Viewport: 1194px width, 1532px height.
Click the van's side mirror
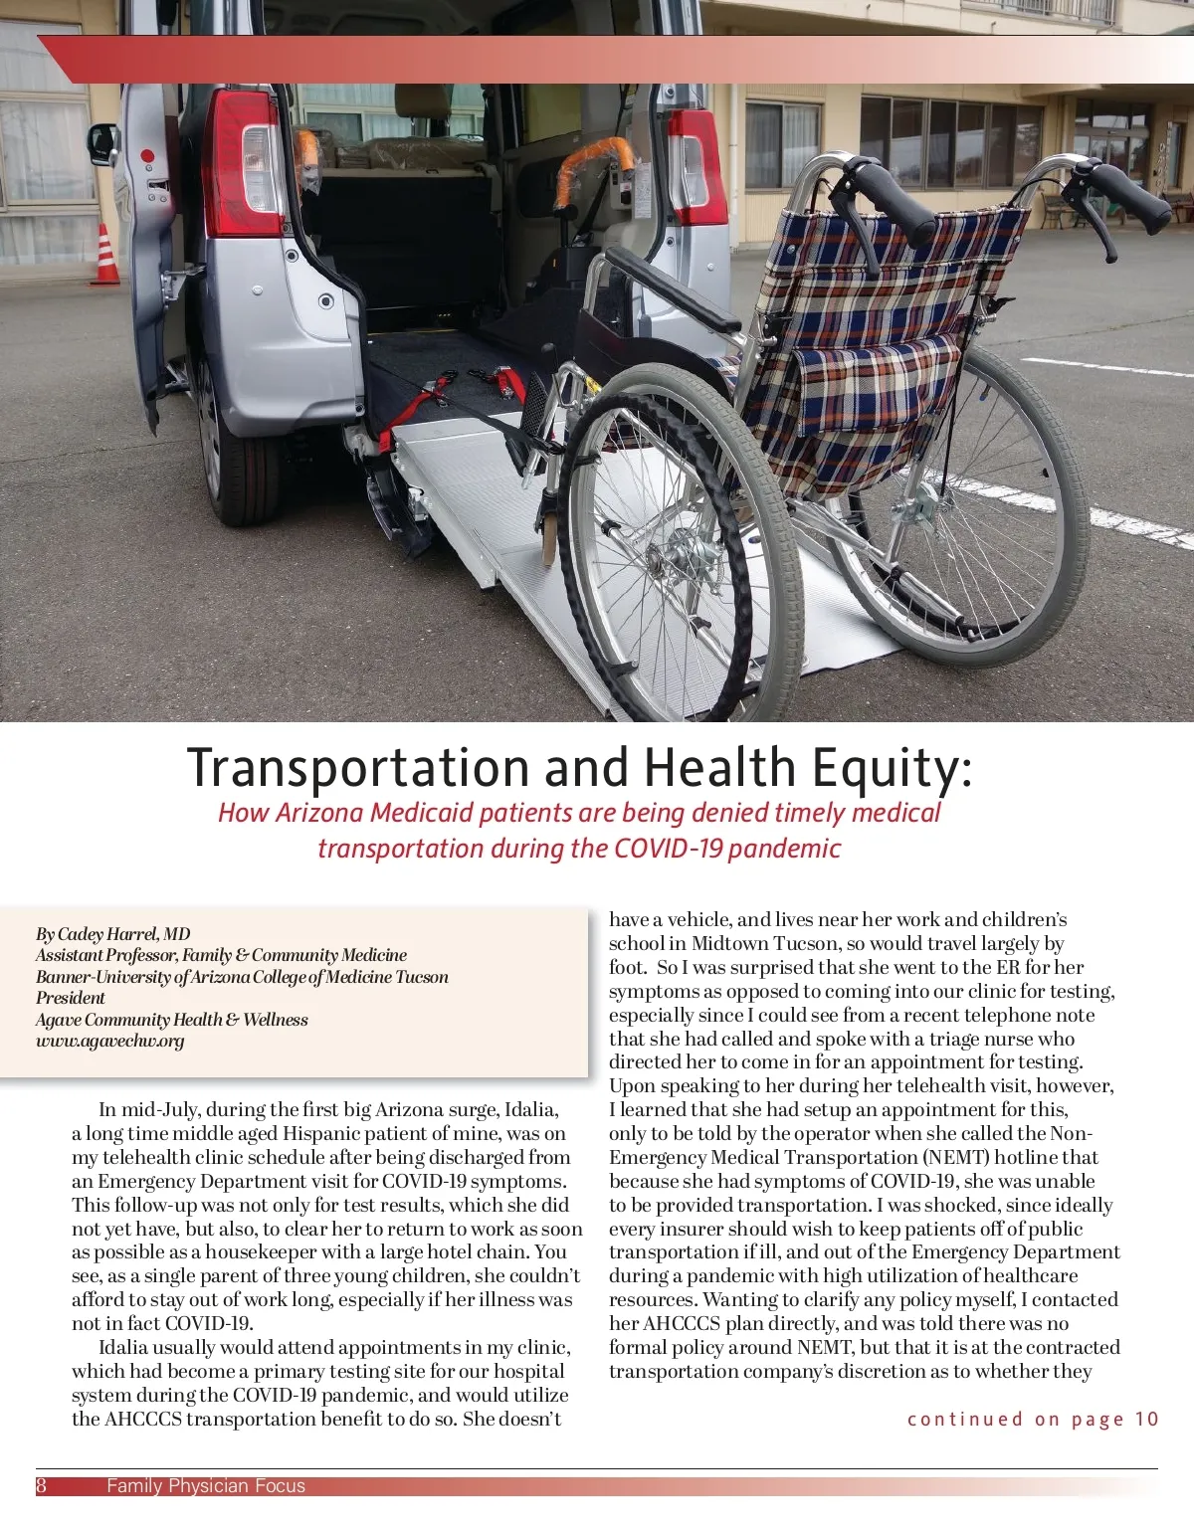point(102,143)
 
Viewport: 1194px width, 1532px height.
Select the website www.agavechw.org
point(110,1041)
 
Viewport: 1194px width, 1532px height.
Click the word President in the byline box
point(71,998)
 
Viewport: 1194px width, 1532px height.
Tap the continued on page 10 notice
point(1033,1420)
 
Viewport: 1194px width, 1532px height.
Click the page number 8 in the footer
point(42,1486)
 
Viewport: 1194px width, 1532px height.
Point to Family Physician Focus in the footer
point(206,1486)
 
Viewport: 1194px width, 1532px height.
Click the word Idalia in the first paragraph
point(531,1110)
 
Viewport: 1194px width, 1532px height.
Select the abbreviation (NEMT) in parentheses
point(962,1158)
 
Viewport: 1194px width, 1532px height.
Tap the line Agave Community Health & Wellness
point(172,1020)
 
